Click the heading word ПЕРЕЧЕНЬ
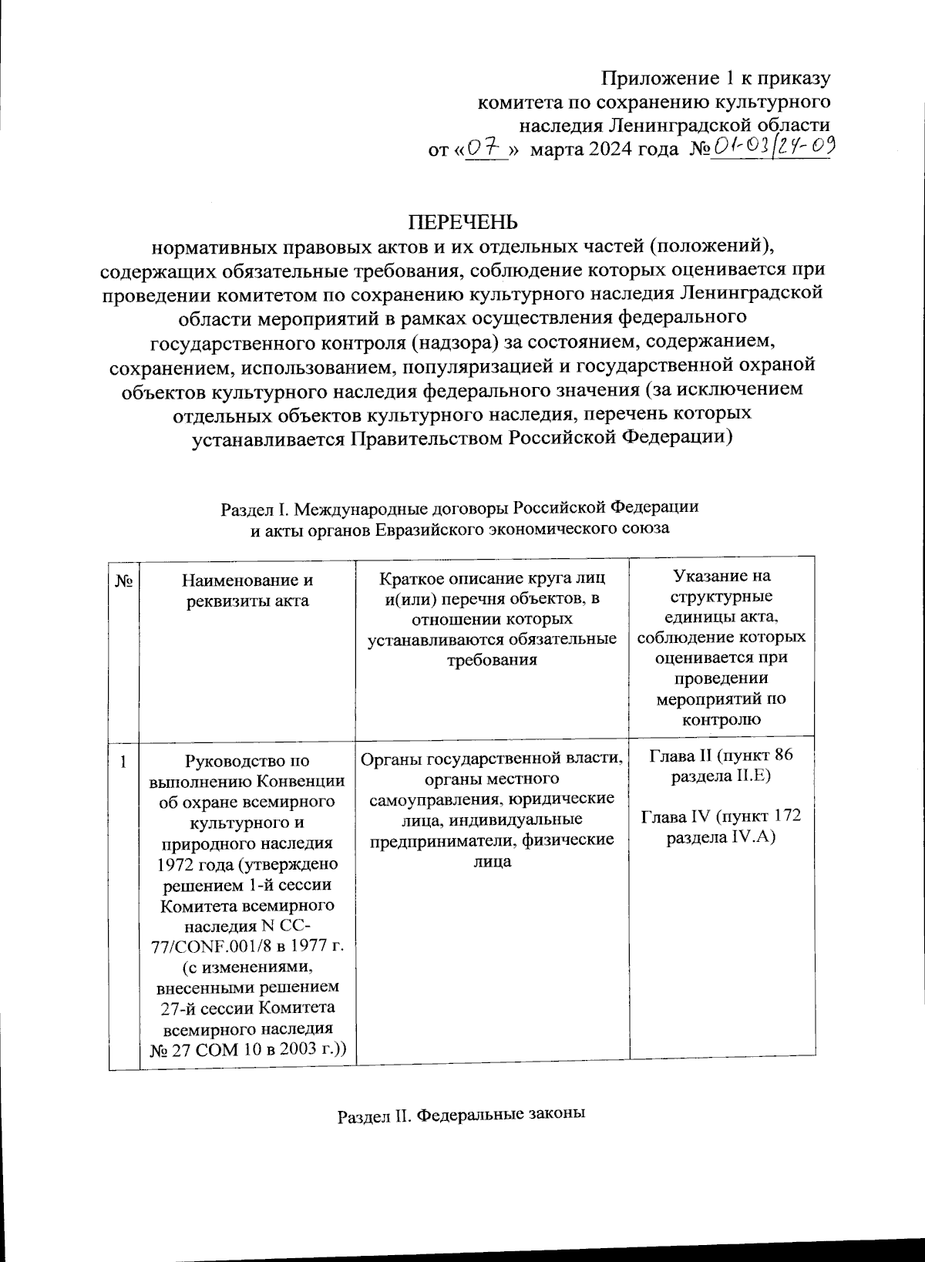[462, 223]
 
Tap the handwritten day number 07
[486, 147]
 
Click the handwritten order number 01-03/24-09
[771, 146]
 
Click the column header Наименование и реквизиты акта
[247, 591]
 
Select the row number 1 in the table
[123, 763]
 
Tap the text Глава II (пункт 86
[721, 755]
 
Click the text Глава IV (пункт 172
[721, 816]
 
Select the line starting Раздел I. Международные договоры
[459, 508]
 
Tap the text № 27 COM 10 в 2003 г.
[247, 1049]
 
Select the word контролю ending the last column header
[721, 721]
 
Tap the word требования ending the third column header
[492, 660]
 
